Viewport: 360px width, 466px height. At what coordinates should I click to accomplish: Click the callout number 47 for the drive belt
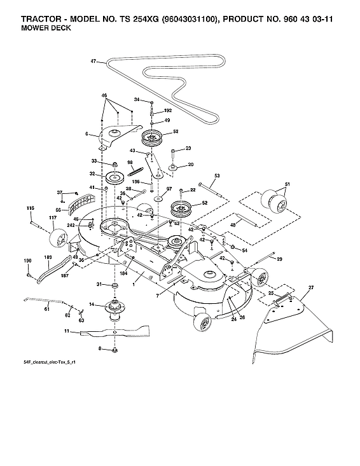point(93,62)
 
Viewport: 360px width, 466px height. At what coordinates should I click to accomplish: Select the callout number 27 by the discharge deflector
point(311,288)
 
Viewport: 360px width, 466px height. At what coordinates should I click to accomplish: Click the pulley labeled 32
point(114,176)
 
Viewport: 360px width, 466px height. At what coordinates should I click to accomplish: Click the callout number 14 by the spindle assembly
point(92,305)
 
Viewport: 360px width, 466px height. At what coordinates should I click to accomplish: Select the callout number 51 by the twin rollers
point(286,185)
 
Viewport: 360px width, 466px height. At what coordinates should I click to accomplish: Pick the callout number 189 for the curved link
point(48,257)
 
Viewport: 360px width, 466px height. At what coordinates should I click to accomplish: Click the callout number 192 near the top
point(168,110)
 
